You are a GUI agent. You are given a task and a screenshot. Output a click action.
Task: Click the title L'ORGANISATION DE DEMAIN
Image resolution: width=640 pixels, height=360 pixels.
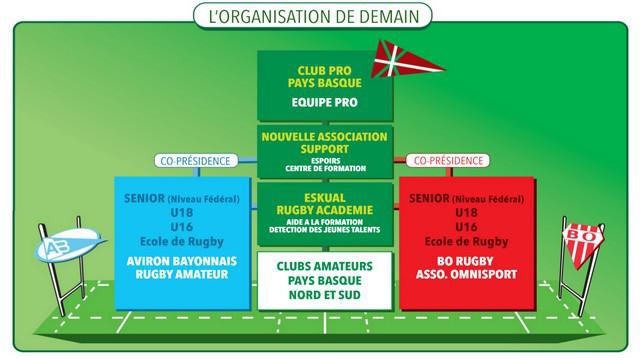point(319,16)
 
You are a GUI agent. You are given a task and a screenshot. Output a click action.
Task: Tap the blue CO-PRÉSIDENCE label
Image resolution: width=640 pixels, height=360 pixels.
point(194,160)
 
